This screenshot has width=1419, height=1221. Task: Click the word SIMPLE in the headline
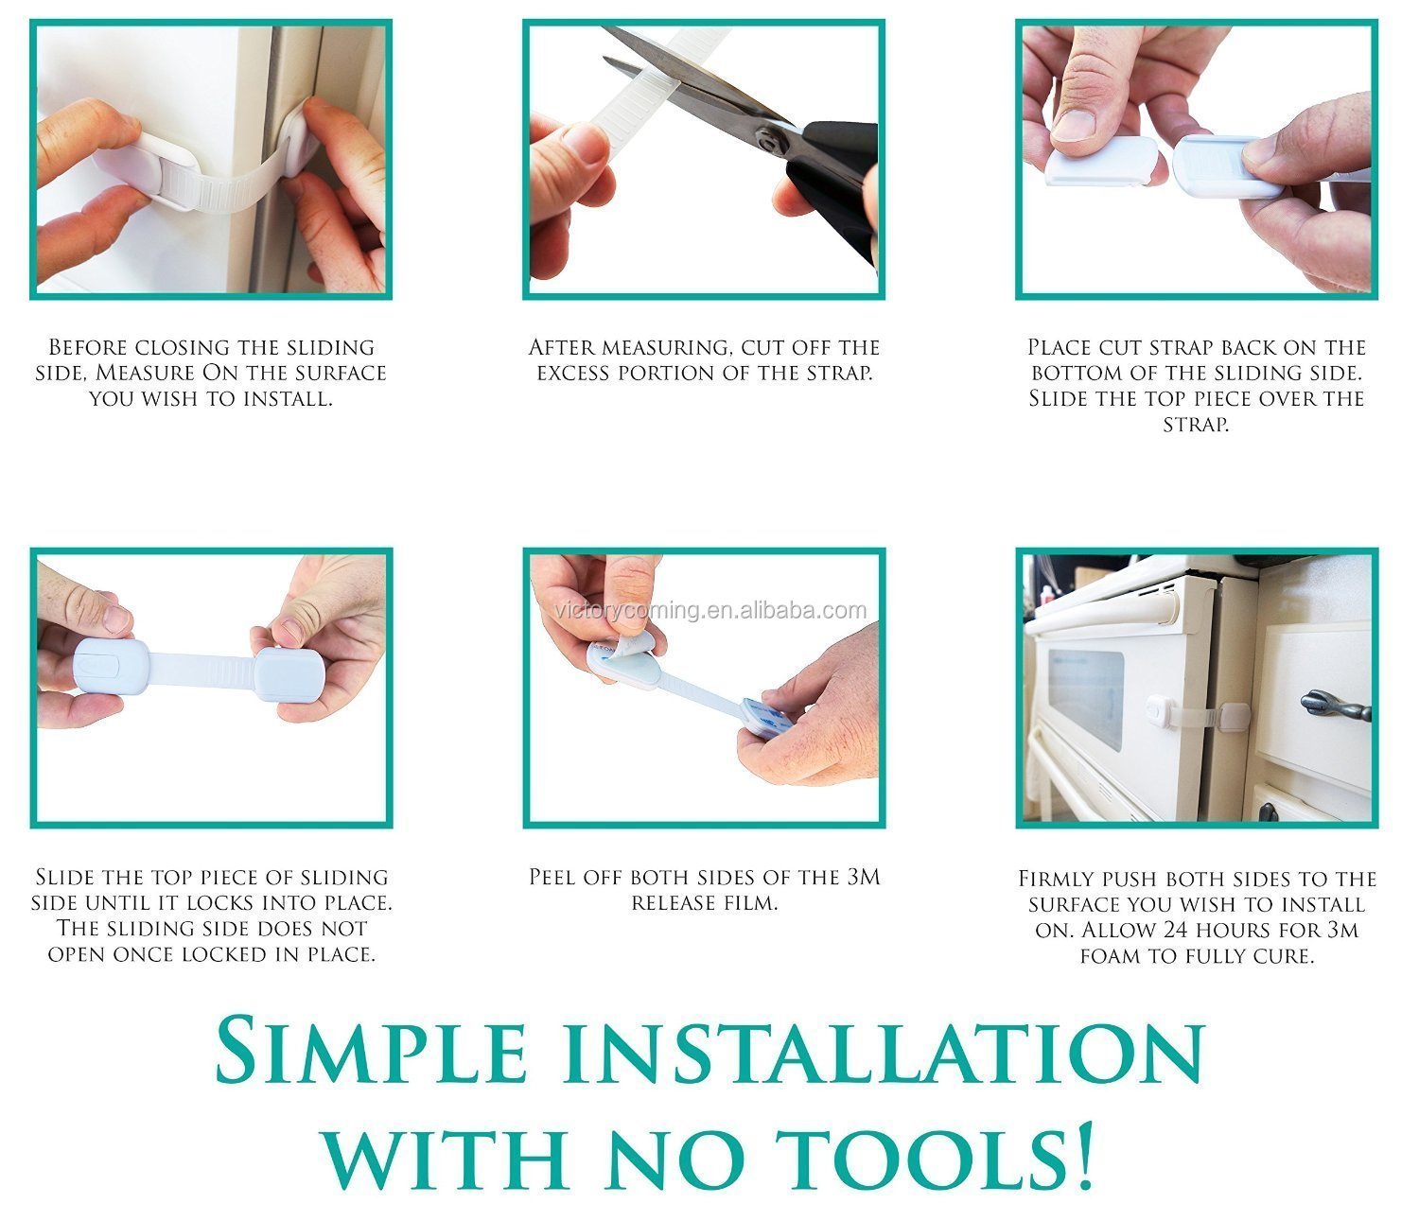371,1053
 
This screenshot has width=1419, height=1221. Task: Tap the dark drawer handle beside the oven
1335,706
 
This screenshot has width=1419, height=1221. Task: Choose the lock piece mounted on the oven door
1159,709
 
